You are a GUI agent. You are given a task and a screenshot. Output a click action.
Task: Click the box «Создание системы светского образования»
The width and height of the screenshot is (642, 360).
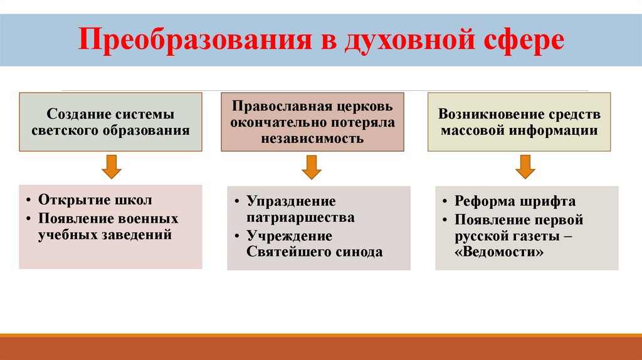click(x=110, y=122)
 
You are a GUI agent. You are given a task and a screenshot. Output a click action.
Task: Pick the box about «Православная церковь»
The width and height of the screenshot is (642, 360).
click(x=312, y=122)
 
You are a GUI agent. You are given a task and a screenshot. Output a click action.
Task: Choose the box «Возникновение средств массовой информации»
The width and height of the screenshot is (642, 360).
click(x=518, y=122)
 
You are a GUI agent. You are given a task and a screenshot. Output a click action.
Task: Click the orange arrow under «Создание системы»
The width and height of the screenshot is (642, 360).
click(x=111, y=166)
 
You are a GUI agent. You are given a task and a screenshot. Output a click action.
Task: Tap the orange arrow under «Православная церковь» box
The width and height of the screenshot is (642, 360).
click(x=312, y=166)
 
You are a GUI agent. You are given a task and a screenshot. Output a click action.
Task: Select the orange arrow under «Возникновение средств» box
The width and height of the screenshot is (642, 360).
click(x=525, y=166)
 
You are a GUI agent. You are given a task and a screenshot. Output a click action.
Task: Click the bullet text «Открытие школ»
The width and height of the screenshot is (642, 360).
click(x=95, y=200)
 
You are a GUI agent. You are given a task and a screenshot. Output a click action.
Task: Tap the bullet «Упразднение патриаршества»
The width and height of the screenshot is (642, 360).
click(x=300, y=209)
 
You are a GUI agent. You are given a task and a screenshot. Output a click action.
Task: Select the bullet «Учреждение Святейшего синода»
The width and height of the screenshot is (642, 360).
click(x=313, y=245)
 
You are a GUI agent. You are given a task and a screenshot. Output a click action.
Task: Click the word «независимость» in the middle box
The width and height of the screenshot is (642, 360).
click(x=312, y=139)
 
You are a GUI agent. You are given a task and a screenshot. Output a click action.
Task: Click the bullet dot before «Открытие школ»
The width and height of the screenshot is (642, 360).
click(x=30, y=201)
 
